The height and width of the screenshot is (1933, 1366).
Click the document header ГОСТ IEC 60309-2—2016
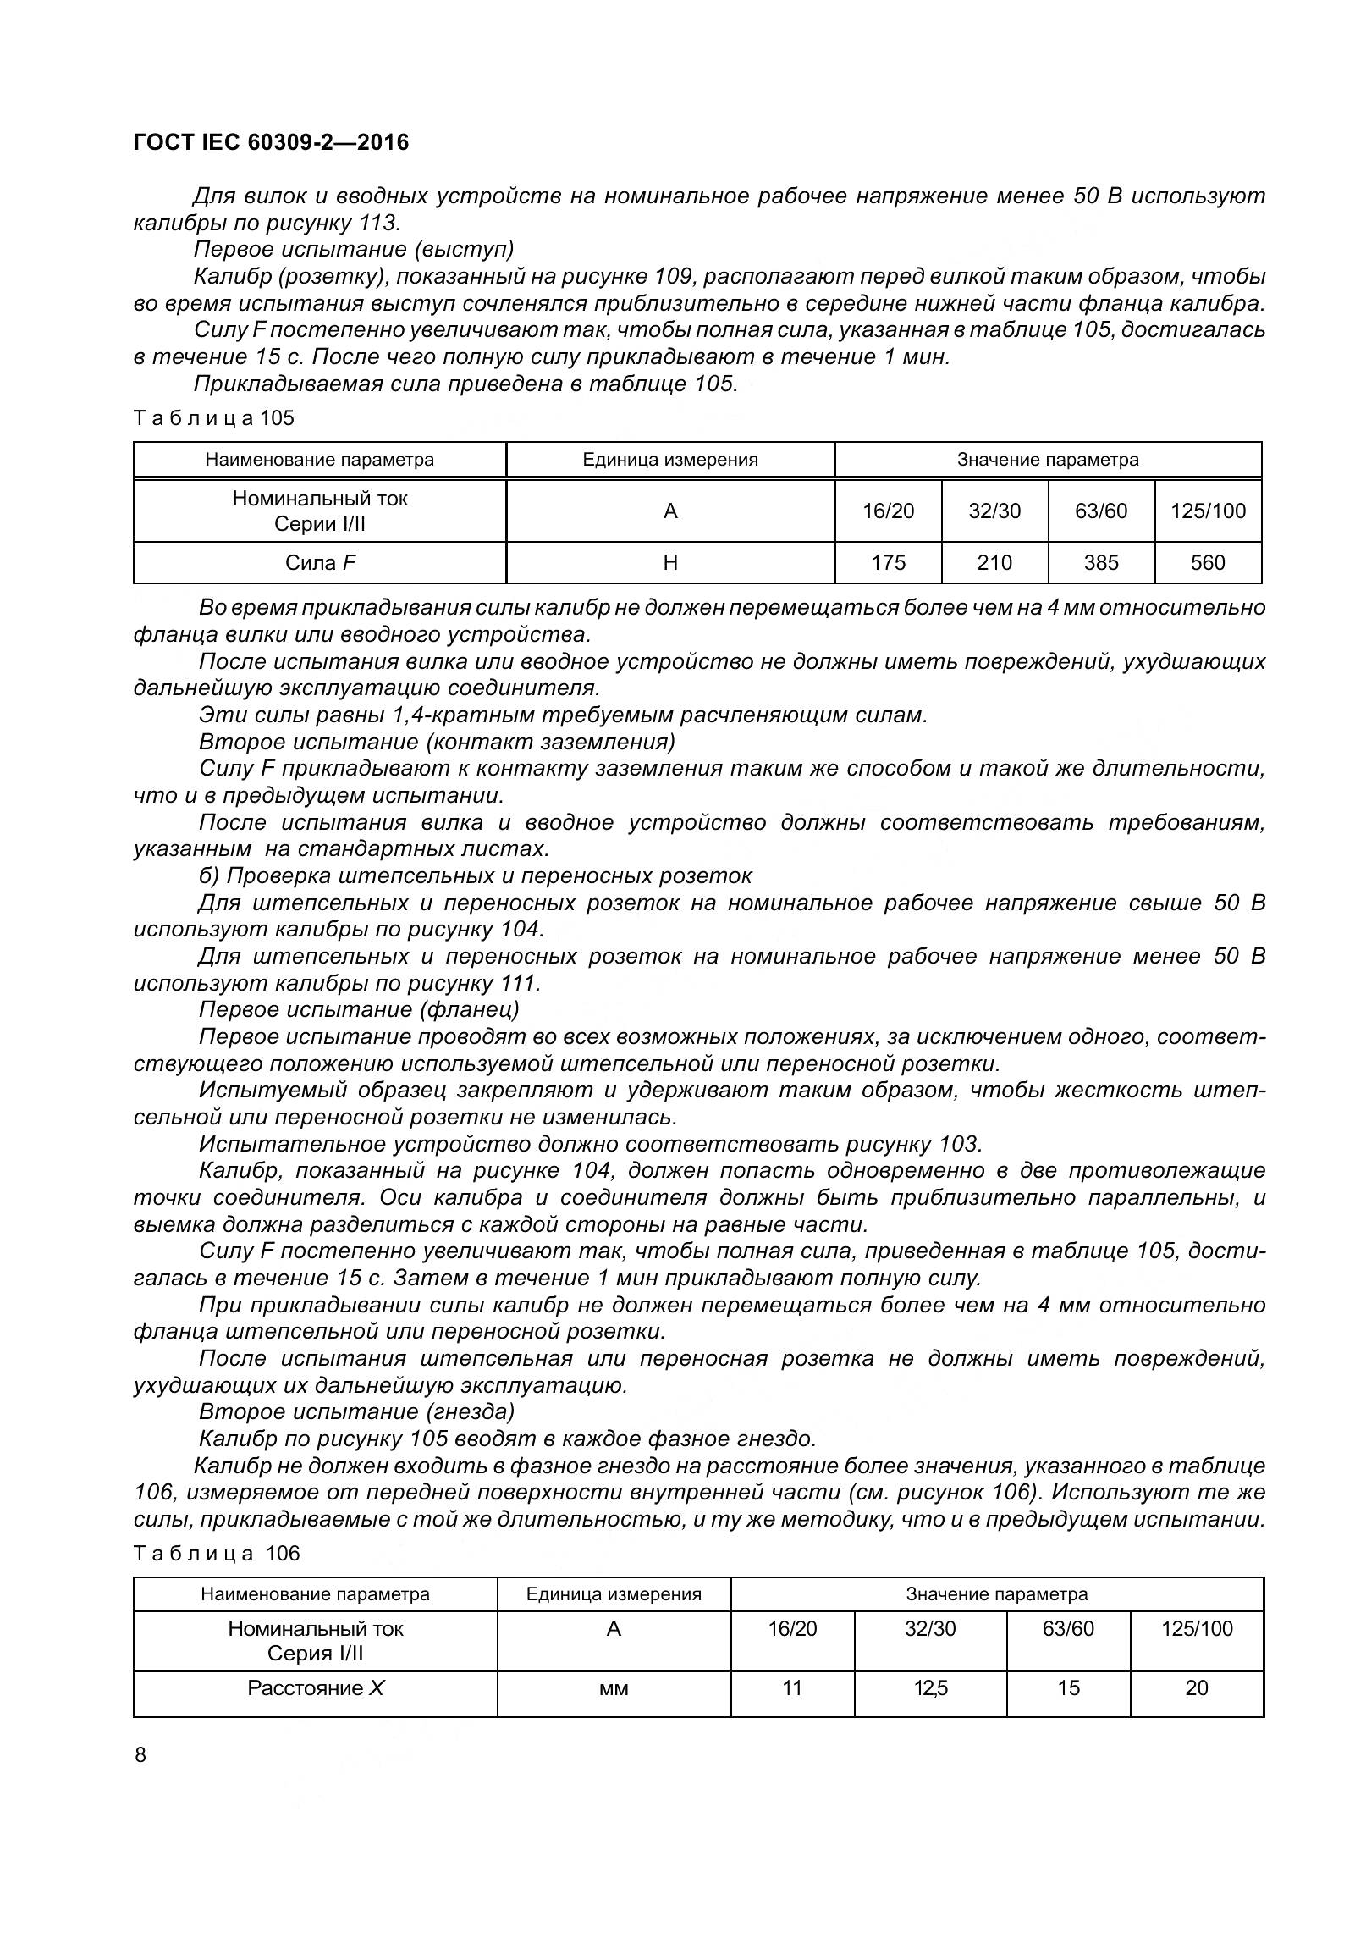click(x=271, y=142)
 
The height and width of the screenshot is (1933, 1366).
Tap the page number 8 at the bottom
click(x=140, y=1754)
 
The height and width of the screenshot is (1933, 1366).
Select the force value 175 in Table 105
click(x=888, y=563)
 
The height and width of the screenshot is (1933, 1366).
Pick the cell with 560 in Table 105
click(x=1207, y=563)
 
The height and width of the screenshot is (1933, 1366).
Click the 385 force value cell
click(x=1101, y=563)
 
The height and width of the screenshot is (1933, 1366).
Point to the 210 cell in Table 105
click(x=994, y=563)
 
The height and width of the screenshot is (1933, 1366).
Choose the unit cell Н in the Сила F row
click(x=670, y=563)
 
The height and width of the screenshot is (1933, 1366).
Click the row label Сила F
click(x=320, y=563)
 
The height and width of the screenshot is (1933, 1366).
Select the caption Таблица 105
click(x=214, y=417)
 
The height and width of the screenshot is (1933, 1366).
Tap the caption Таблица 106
click(x=217, y=1553)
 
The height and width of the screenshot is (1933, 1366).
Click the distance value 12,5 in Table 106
click(x=930, y=1687)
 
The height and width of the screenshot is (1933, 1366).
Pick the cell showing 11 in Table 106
click(x=792, y=1687)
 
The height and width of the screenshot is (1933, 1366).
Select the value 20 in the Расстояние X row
click(x=1196, y=1687)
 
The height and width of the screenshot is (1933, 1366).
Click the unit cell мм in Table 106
click(x=614, y=1688)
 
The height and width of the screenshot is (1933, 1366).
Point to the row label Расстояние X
click(x=316, y=1687)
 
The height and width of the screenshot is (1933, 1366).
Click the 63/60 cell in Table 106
click(x=1068, y=1628)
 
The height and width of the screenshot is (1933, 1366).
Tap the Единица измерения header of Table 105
click(x=670, y=460)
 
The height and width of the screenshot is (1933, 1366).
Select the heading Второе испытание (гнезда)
click(x=356, y=1411)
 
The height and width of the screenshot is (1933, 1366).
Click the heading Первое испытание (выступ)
click(x=354, y=250)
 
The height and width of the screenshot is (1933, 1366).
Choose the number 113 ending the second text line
click(x=375, y=223)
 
